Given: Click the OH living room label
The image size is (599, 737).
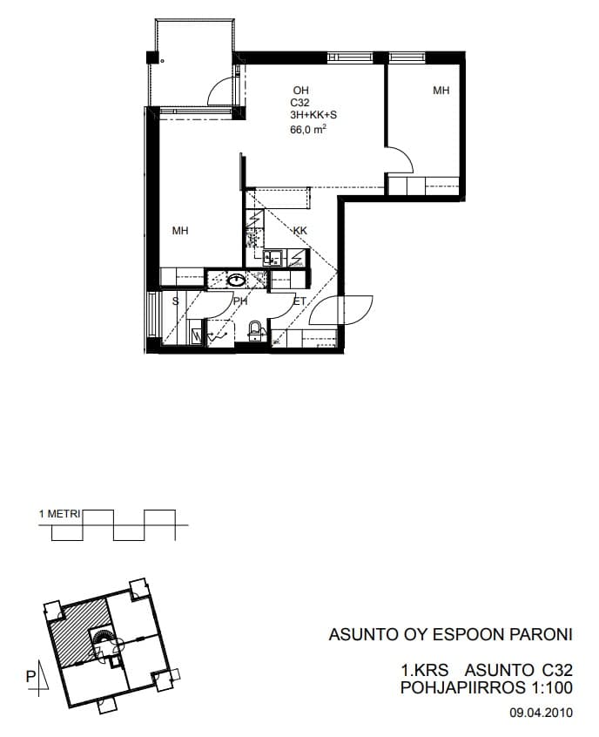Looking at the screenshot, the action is point(300,91).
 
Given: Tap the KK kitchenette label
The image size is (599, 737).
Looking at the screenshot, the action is point(299,231).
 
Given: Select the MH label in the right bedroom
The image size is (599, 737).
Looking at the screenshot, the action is point(441,91).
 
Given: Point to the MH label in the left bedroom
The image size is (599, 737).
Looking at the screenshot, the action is point(180,231).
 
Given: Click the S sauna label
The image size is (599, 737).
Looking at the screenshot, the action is point(176,301).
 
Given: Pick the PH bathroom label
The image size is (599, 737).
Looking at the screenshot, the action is point(240,301).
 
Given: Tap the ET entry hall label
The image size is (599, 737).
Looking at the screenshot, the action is point(299,301).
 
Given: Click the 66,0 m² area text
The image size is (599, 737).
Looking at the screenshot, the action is point(308,129).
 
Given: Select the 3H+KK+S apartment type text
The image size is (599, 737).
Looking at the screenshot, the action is point(313,115).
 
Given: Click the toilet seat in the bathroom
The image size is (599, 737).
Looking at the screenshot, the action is point(254,328).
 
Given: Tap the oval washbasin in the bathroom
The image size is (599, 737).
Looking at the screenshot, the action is point(236,281).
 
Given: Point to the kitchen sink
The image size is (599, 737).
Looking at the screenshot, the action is point(273,258).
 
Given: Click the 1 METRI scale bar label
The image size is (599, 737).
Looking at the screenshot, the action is point(60,514).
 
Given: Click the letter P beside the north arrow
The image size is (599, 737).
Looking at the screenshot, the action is point(30,677).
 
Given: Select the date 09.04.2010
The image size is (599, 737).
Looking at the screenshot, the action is point(542,713).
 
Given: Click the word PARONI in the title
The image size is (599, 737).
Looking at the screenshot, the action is point(542,634).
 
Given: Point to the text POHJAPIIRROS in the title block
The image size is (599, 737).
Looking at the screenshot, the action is point(463,687).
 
